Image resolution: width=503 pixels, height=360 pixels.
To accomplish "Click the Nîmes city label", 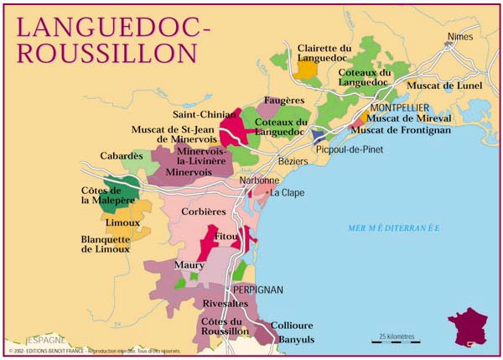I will [461, 36].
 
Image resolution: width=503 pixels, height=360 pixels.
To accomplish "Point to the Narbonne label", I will [259, 180].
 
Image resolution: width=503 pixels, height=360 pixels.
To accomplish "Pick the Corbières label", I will [204, 211].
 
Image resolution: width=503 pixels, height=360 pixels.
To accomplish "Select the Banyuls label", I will [296, 339].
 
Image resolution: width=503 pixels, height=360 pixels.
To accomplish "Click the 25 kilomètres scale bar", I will [397, 339].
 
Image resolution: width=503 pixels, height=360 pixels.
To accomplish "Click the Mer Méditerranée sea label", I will [394, 227].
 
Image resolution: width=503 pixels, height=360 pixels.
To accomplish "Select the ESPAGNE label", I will [43, 341].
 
